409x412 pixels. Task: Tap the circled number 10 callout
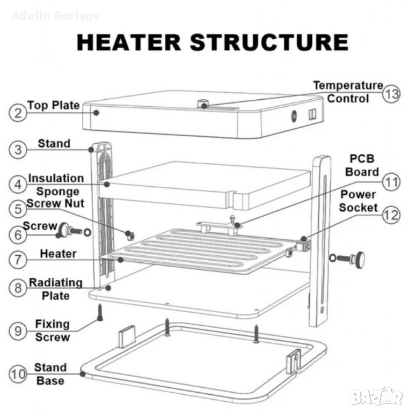(x=17, y=374)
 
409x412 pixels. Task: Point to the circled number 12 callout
(x=390, y=215)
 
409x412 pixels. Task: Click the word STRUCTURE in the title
(x=269, y=42)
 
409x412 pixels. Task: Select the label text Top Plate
(x=53, y=105)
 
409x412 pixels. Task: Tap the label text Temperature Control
(x=348, y=92)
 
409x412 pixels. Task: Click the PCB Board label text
(x=362, y=165)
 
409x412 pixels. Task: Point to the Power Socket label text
(x=358, y=201)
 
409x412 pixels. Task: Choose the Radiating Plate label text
(x=56, y=289)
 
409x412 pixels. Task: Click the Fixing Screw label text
(x=52, y=330)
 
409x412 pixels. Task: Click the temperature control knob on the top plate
(x=204, y=103)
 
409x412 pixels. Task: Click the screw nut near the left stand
(x=129, y=234)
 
